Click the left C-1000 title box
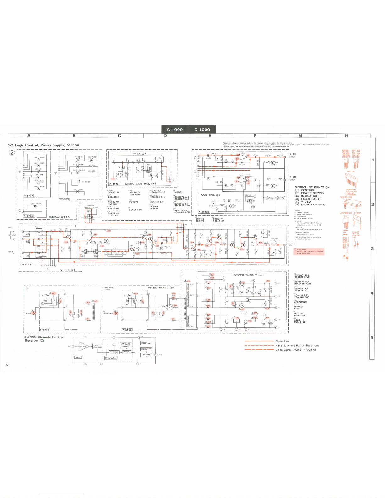[175, 129]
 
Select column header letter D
[165, 136]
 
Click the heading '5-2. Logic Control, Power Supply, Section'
[43, 145]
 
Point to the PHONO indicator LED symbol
[38, 160]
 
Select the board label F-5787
[28, 195]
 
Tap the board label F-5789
[64, 200]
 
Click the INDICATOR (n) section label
[59, 217]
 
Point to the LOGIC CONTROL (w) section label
[140, 184]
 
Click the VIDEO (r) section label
[68, 270]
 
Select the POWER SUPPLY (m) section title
[248, 275]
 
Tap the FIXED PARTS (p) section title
[161, 287]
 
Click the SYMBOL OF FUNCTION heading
[312, 187]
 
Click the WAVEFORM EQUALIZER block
[146, 355]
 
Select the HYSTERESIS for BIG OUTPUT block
[110, 358]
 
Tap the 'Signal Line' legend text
[282, 341]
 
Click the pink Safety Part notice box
[308, 251]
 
